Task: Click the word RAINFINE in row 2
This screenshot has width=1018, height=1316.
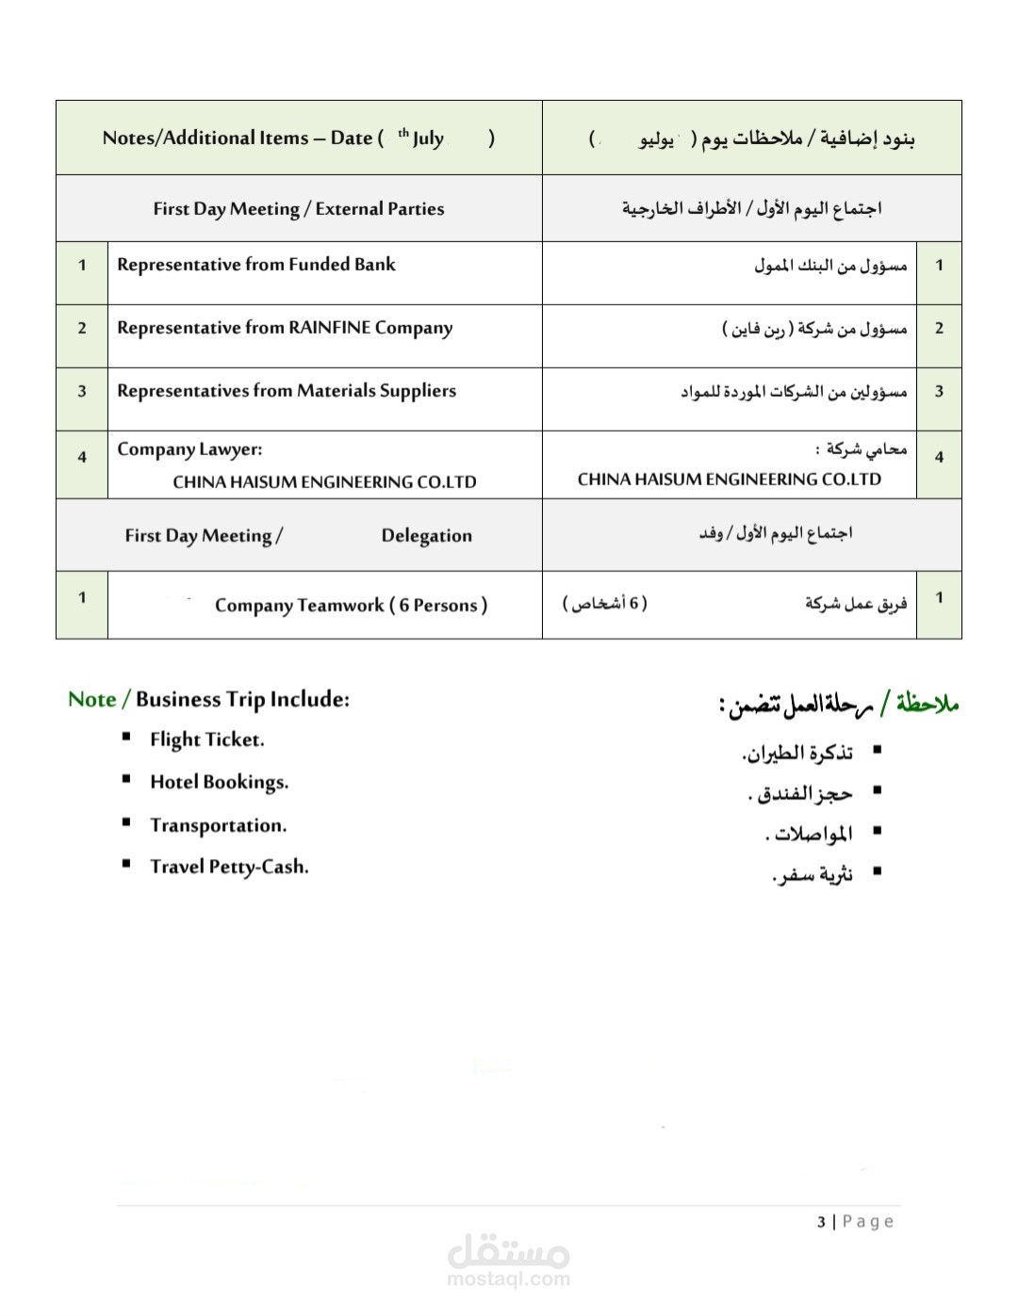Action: [329, 328]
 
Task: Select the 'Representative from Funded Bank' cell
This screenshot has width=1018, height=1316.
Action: [256, 265]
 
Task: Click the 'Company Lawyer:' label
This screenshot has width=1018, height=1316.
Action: [189, 449]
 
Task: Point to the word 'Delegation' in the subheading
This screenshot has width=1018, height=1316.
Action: [426, 536]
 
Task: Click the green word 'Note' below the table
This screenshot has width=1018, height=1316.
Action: [91, 699]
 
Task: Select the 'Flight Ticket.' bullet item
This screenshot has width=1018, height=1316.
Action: [206, 739]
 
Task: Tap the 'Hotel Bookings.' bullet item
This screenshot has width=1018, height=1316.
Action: [219, 782]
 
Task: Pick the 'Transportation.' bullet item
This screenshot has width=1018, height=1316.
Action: [218, 825]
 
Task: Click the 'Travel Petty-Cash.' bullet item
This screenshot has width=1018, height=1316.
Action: [229, 867]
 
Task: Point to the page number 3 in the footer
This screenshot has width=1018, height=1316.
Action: [821, 1222]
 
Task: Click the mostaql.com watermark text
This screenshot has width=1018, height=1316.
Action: [508, 1278]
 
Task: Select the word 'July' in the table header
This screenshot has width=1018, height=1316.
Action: [428, 138]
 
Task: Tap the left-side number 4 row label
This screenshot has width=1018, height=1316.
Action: [82, 457]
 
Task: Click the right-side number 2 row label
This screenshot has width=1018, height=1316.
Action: [939, 329]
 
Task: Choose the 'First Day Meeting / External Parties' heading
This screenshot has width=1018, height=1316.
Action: [299, 209]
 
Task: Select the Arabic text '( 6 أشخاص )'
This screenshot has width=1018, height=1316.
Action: [605, 603]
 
